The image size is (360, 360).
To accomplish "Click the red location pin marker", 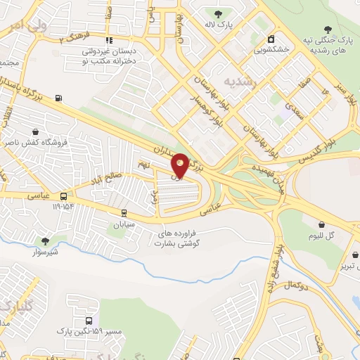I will tap(180, 165).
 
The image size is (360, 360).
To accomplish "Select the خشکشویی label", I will tap(270, 50).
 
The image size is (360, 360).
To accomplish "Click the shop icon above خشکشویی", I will tap(271, 39).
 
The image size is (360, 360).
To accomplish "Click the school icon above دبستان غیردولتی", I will tap(108, 41).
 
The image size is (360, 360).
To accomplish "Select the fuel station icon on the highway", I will tap(57, 98).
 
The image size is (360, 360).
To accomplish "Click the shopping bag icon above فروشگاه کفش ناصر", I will tap(35, 131).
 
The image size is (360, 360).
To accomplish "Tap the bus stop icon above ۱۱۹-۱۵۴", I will tap(64, 196).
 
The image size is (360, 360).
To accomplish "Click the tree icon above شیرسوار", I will tap(46, 240).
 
